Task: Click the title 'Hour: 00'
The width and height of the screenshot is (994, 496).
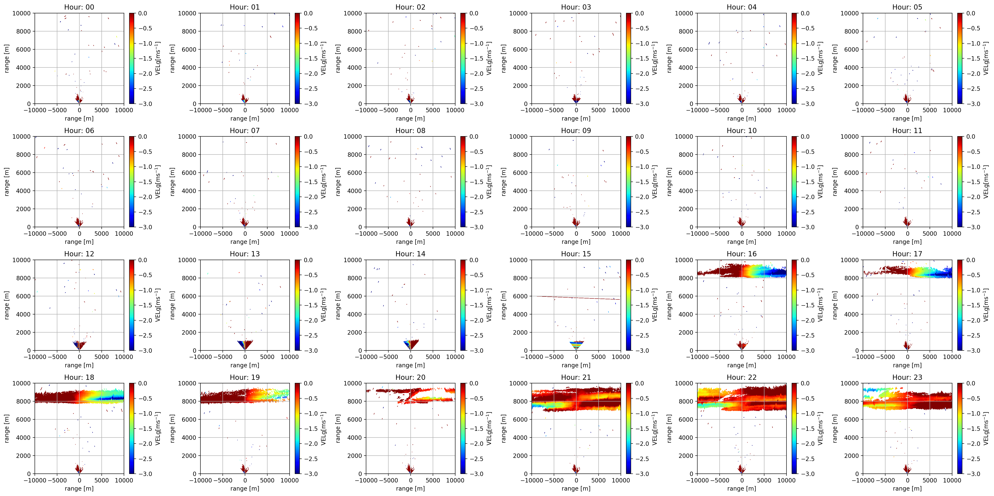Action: point(79,7)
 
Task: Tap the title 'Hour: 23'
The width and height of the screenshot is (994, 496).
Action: point(907,377)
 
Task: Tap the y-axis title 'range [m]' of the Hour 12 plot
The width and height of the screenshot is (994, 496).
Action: point(6,305)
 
